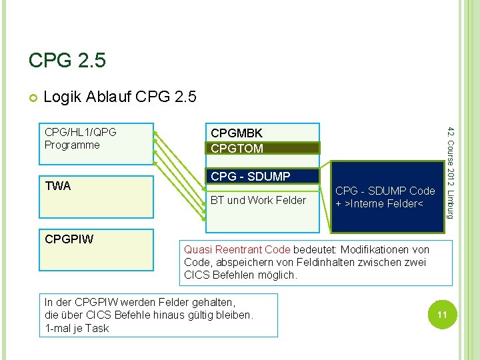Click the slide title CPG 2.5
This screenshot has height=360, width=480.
tap(67, 61)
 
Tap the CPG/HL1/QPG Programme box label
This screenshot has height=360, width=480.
tap(80, 139)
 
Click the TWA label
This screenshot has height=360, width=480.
tap(58, 186)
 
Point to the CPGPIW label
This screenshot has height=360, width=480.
tap(69, 238)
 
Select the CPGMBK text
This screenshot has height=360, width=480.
tap(237, 134)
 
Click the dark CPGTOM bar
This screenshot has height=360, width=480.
tap(263, 148)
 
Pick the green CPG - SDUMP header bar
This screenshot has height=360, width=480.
tap(261, 177)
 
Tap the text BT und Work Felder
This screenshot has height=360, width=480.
tap(258, 200)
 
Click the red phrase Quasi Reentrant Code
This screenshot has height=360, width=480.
tap(237, 249)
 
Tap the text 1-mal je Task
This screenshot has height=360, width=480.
tap(77, 328)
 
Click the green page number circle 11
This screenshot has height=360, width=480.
tap(441, 313)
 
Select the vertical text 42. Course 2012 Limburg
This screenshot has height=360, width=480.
tap(451, 171)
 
